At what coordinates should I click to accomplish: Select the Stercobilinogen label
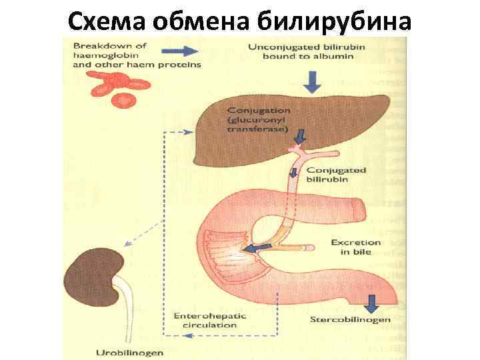[351, 320]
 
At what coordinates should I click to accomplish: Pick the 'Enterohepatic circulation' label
[205, 320]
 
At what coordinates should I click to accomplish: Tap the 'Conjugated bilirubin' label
[337, 175]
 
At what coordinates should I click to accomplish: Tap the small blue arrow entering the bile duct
[299, 137]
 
